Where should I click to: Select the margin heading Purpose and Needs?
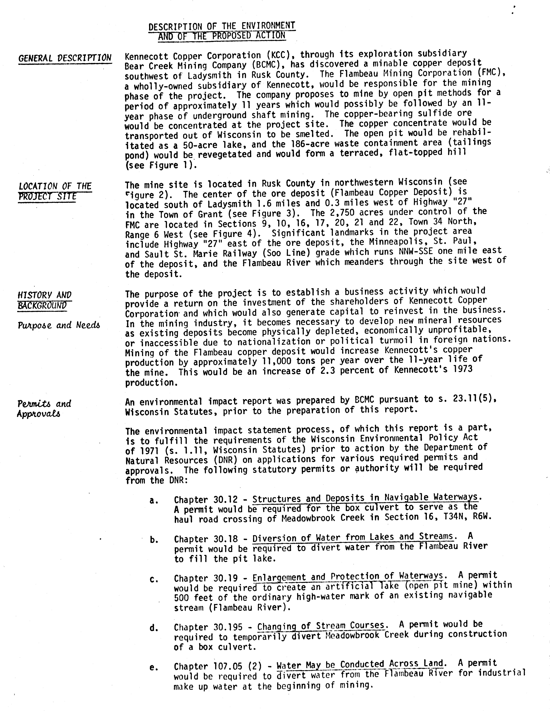pos(59,325)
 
